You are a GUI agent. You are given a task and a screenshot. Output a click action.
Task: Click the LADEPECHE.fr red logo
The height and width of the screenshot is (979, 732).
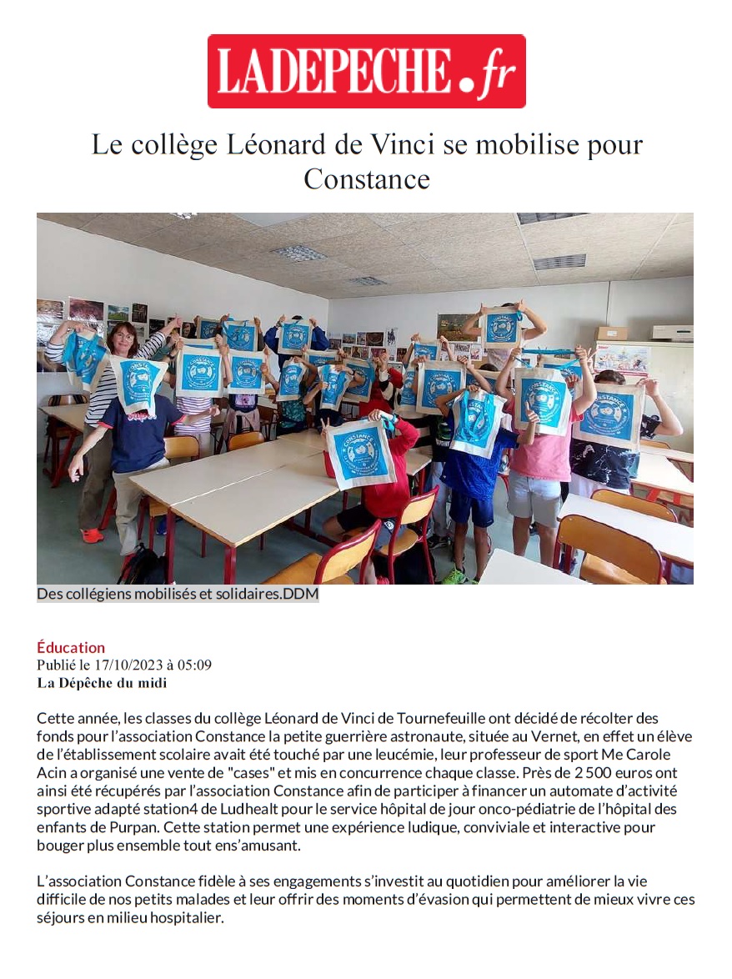tap(366, 71)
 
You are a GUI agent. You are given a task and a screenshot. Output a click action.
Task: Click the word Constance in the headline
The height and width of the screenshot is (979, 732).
tap(366, 178)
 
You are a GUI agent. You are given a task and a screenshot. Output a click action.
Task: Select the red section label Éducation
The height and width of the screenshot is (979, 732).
tap(71, 647)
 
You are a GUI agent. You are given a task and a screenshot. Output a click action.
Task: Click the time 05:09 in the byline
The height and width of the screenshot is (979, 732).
tap(196, 665)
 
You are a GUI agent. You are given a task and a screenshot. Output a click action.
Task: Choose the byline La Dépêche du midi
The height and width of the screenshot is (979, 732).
tap(102, 683)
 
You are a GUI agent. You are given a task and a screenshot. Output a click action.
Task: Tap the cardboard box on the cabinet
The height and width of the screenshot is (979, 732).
tap(611, 333)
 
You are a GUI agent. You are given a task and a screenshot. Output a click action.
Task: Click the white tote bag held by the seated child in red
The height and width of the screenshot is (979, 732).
tap(360, 454)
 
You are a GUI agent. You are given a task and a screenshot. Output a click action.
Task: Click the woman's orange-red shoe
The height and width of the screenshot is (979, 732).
tap(92, 535)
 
